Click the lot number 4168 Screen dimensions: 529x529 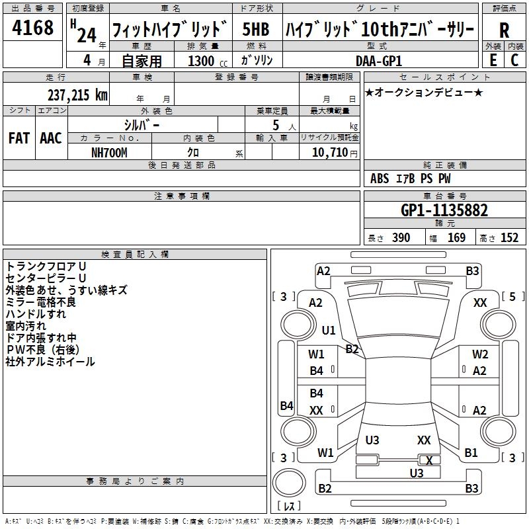tap(33, 29)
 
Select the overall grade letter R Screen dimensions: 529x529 tap(504, 30)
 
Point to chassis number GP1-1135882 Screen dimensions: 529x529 tap(444, 210)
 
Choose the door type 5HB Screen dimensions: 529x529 tap(256, 30)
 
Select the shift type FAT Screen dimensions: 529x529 tap(19, 138)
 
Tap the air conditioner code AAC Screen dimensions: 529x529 tap(50, 138)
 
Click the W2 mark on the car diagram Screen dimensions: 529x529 tap(480, 354)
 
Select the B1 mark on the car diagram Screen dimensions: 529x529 tap(471, 453)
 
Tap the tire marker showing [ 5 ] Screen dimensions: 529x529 tap(512, 297)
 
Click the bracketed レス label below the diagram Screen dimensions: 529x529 tap(288, 507)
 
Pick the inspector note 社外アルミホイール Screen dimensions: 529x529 tap(50, 362)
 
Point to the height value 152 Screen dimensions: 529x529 tap(509, 238)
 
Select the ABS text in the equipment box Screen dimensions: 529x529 tap(380, 179)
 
